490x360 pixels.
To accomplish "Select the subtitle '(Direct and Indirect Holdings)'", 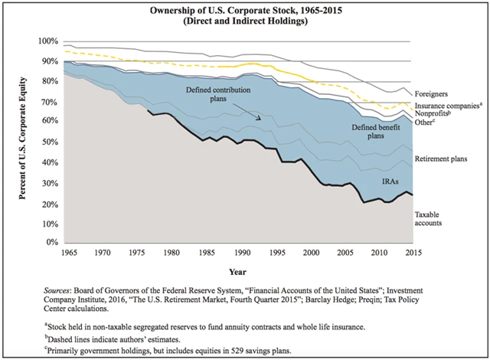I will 246,21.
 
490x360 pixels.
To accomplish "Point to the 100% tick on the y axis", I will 47,41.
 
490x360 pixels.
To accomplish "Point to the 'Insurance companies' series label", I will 447,105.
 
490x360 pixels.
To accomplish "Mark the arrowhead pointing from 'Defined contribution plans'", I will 261,119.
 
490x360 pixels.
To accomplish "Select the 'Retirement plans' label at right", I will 442,158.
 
